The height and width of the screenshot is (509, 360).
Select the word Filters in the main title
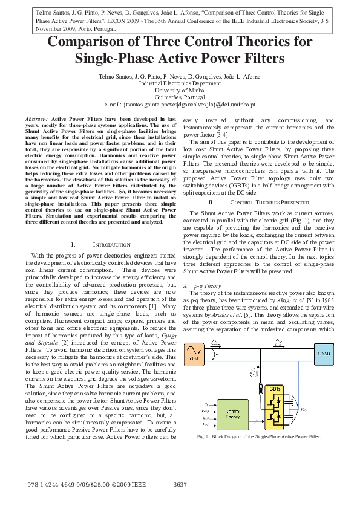pyautogui.click(x=258, y=59)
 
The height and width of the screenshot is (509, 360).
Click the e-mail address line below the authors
pyautogui.click(x=180, y=104)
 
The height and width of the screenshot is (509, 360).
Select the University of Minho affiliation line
pyautogui.click(x=180, y=90)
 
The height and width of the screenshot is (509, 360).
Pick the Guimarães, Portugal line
pyautogui.click(x=180, y=97)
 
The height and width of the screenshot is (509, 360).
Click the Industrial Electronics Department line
pyautogui.click(x=180, y=83)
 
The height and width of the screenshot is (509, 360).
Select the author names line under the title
pyautogui.click(x=180, y=77)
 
